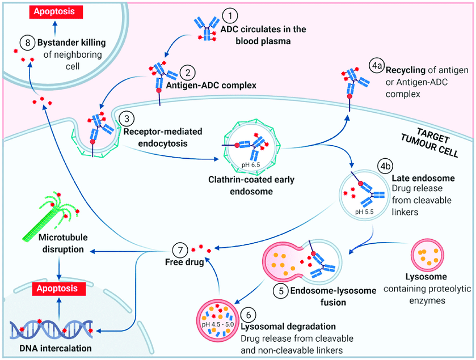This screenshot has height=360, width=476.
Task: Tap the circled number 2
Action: (188, 73)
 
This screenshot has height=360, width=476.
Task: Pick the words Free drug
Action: (183, 262)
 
